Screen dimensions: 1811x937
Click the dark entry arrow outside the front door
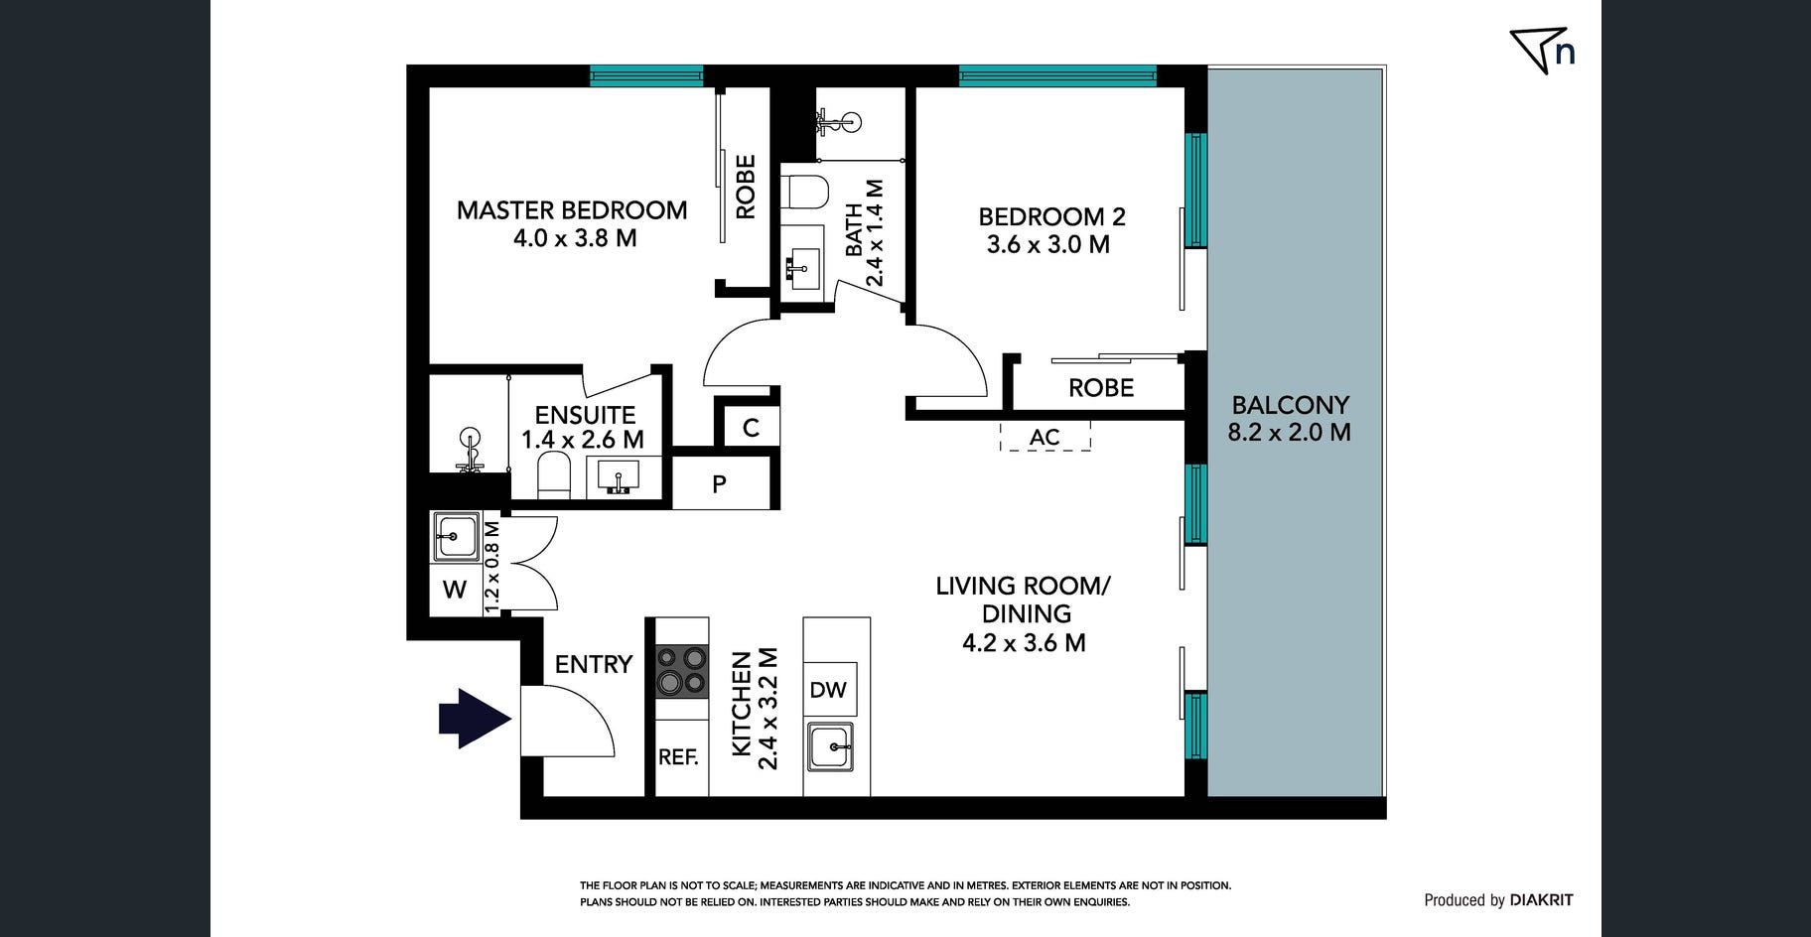[x=475, y=718]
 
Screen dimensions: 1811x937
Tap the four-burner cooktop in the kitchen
[x=681, y=670]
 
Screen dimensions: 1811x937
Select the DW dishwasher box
[x=828, y=690]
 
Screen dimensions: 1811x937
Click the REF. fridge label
[x=679, y=756]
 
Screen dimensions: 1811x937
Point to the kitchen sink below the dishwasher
[x=830, y=746]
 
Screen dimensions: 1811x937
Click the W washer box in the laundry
[x=455, y=590]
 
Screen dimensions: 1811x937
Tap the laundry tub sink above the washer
[x=456, y=537]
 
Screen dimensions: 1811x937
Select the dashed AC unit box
[x=1045, y=437]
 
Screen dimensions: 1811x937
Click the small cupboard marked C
[x=751, y=428]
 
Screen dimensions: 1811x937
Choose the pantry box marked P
[x=720, y=484]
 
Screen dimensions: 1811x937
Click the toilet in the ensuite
[x=554, y=476]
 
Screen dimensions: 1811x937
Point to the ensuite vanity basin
[x=621, y=477]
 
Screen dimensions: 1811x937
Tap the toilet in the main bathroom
[x=805, y=193]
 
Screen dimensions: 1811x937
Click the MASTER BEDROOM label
[x=572, y=209]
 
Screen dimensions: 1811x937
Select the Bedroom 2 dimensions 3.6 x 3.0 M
[x=1048, y=244]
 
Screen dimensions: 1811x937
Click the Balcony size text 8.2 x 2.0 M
[x=1290, y=432]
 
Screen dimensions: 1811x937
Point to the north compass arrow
[x=1534, y=49]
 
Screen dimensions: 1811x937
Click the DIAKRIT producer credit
[x=1541, y=900]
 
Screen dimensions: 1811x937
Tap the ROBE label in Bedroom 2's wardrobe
[x=1101, y=387]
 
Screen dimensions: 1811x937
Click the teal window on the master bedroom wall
[x=646, y=75]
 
